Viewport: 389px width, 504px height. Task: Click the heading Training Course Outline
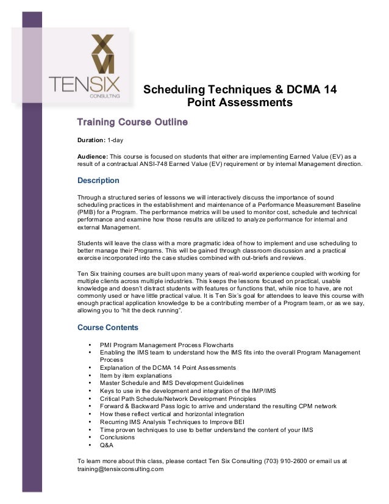click(132, 124)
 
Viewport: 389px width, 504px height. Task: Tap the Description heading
click(98, 181)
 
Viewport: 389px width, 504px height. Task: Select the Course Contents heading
click(108, 327)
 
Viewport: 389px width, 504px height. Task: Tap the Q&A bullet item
click(107, 445)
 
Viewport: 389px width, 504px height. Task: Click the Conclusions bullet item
click(118, 437)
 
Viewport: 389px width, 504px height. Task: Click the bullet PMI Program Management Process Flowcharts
click(166, 345)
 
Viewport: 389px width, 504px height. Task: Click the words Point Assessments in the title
click(240, 103)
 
